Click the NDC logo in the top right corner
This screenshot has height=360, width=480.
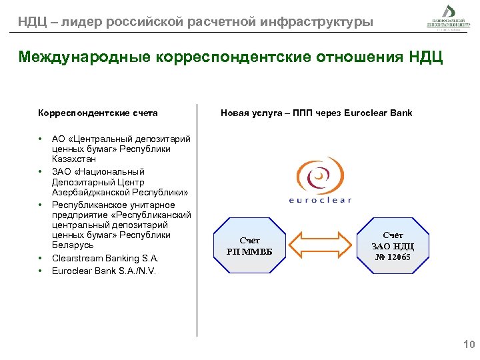pyautogui.click(x=449, y=16)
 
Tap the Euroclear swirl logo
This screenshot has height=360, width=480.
pyautogui.click(x=319, y=177)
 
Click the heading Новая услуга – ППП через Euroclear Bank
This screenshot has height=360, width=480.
pyautogui.click(x=316, y=113)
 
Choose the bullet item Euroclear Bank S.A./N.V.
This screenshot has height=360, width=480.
pyautogui.click(x=103, y=271)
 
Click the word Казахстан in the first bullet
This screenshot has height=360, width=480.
pyautogui.click(x=74, y=159)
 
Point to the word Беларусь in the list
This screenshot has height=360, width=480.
pyautogui.click(x=73, y=245)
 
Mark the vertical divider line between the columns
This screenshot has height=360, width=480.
pyautogui.click(x=197, y=220)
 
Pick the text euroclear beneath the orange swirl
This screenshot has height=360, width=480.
pyautogui.click(x=320, y=199)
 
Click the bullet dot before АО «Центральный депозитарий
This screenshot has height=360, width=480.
pyautogui.click(x=41, y=139)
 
